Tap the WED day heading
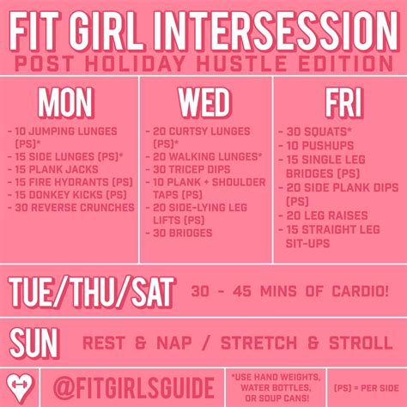click(204, 102)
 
